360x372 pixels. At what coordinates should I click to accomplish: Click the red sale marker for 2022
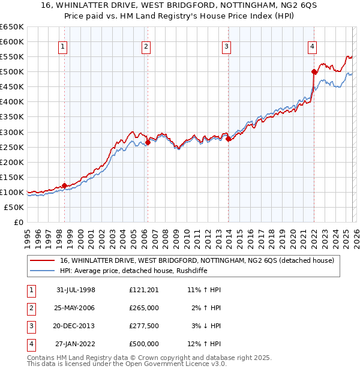314,71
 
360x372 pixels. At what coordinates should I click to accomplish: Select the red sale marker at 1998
64,185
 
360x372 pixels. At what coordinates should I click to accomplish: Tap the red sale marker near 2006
148,142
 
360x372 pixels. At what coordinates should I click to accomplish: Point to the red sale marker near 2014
228,139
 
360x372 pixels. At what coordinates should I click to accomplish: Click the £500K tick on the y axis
12,72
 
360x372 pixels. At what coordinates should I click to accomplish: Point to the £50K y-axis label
14,207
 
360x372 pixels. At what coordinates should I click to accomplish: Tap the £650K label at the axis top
12,27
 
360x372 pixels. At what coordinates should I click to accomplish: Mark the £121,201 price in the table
143,290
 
